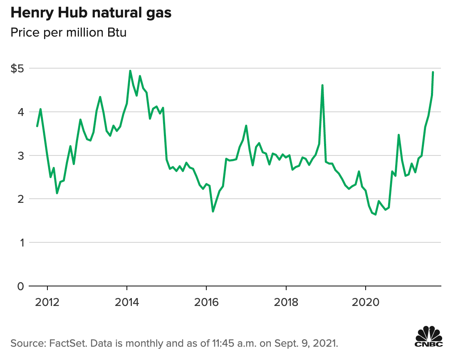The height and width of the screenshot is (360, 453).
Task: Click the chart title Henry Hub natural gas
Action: point(91,13)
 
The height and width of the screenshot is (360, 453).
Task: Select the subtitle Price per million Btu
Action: point(69,33)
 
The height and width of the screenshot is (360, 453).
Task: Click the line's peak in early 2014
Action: point(130,71)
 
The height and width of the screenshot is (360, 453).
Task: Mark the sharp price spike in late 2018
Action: point(322,85)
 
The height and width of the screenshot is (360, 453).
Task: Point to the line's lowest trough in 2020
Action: point(375,215)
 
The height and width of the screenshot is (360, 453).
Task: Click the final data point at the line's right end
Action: point(433,72)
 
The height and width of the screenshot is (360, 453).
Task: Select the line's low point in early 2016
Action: point(213,211)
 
